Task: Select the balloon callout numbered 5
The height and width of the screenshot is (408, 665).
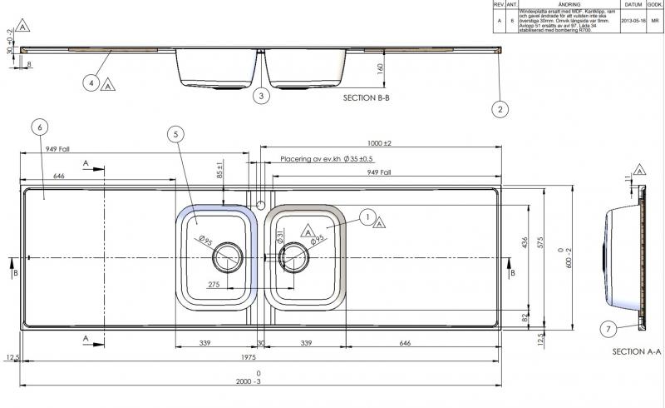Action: [175, 133]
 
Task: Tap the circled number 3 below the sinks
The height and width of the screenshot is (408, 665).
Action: [261, 97]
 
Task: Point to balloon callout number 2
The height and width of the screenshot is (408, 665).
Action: [500, 108]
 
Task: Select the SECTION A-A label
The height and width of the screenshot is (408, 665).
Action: [636, 352]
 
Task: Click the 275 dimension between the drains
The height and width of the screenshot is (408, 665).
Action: [213, 286]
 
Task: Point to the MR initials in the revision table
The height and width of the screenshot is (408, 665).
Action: [656, 20]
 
